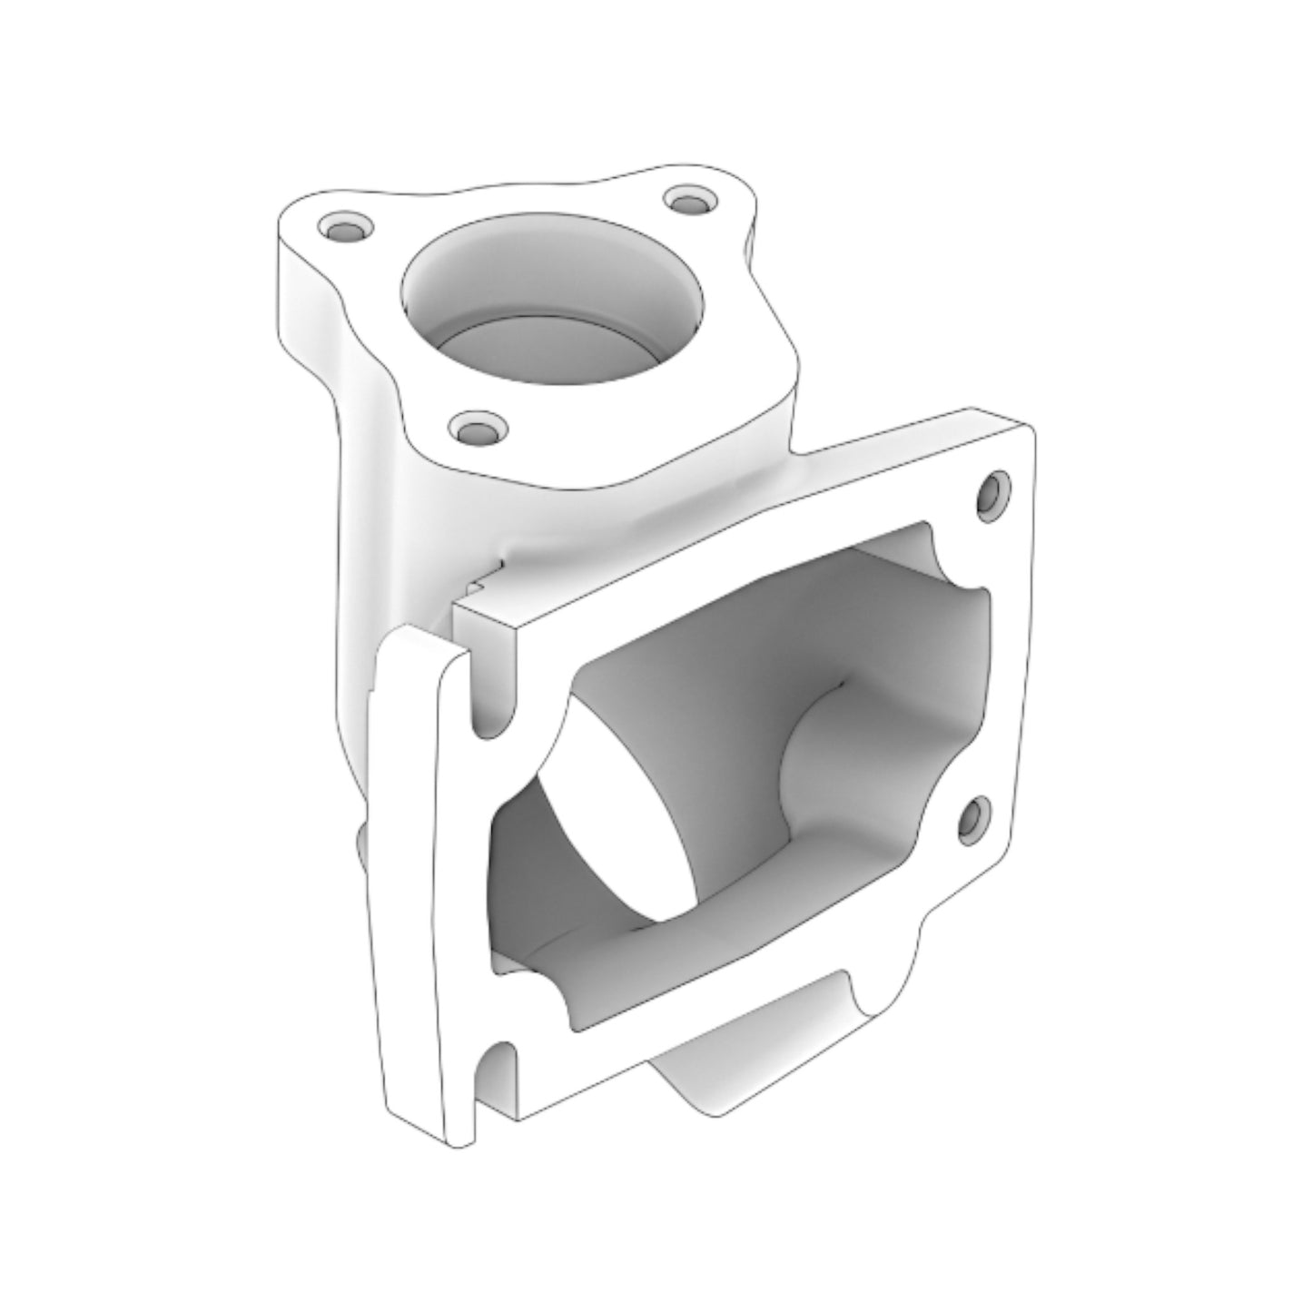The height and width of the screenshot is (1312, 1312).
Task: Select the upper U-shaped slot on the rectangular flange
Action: point(491,695)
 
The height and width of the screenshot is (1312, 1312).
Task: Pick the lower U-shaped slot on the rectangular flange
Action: point(497,1071)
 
